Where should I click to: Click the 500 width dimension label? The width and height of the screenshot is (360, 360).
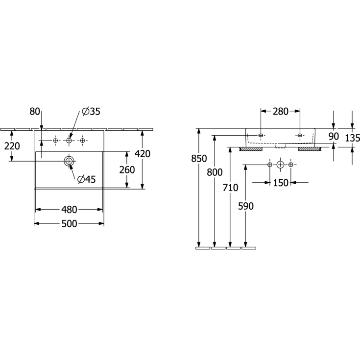[69, 224]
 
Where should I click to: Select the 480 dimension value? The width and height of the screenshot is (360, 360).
[69, 210]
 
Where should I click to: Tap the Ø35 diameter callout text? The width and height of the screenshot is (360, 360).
[91, 112]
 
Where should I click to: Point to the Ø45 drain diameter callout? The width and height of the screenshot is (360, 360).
[86, 179]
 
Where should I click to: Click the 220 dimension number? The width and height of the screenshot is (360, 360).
[12, 146]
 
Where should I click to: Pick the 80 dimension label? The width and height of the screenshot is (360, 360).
[35, 112]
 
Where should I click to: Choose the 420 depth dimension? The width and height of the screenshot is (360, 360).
[143, 154]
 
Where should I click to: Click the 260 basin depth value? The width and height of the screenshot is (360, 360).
[127, 170]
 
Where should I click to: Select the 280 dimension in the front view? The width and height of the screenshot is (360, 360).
[280, 112]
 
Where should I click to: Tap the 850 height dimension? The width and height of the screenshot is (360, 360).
[199, 159]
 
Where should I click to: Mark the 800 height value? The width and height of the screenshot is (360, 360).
[215, 172]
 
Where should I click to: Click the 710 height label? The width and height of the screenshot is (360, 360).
[230, 188]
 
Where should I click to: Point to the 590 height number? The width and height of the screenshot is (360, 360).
[246, 206]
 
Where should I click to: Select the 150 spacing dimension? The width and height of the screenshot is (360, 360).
[281, 183]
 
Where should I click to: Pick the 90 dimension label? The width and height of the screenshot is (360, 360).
[334, 136]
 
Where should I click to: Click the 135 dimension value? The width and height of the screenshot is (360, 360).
[353, 138]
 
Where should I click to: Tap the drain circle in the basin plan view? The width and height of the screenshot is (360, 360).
[69, 161]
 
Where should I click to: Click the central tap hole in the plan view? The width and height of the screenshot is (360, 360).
[69, 141]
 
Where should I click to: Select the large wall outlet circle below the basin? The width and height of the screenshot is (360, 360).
[280, 165]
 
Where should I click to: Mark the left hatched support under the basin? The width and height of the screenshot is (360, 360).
[251, 149]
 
